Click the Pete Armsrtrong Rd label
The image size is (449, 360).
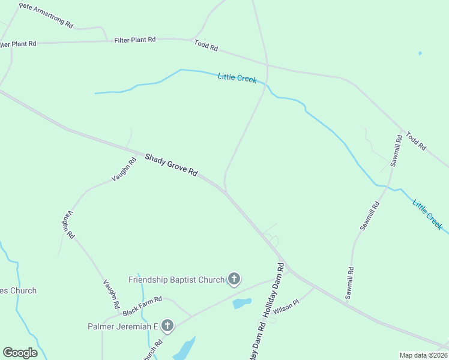(x=46, y=16)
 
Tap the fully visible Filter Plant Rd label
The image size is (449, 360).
(x=135, y=40)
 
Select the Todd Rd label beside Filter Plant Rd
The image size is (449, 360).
(x=206, y=45)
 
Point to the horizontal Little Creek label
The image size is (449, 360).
(x=237, y=77)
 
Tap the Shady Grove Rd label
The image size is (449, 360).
(x=171, y=164)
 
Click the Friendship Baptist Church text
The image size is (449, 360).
(x=176, y=280)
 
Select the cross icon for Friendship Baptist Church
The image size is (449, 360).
(x=234, y=279)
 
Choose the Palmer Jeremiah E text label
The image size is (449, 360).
(x=122, y=326)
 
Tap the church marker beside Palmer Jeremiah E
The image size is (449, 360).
(x=167, y=326)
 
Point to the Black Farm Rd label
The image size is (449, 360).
(x=143, y=307)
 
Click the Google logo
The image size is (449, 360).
(x=20, y=353)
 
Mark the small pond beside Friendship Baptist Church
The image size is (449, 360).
(x=241, y=303)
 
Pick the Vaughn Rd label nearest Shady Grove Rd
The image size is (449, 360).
(x=124, y=170)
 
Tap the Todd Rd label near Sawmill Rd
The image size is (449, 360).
(x=415, y=141)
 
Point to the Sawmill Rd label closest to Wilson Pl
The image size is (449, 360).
(x=349, y=283)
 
